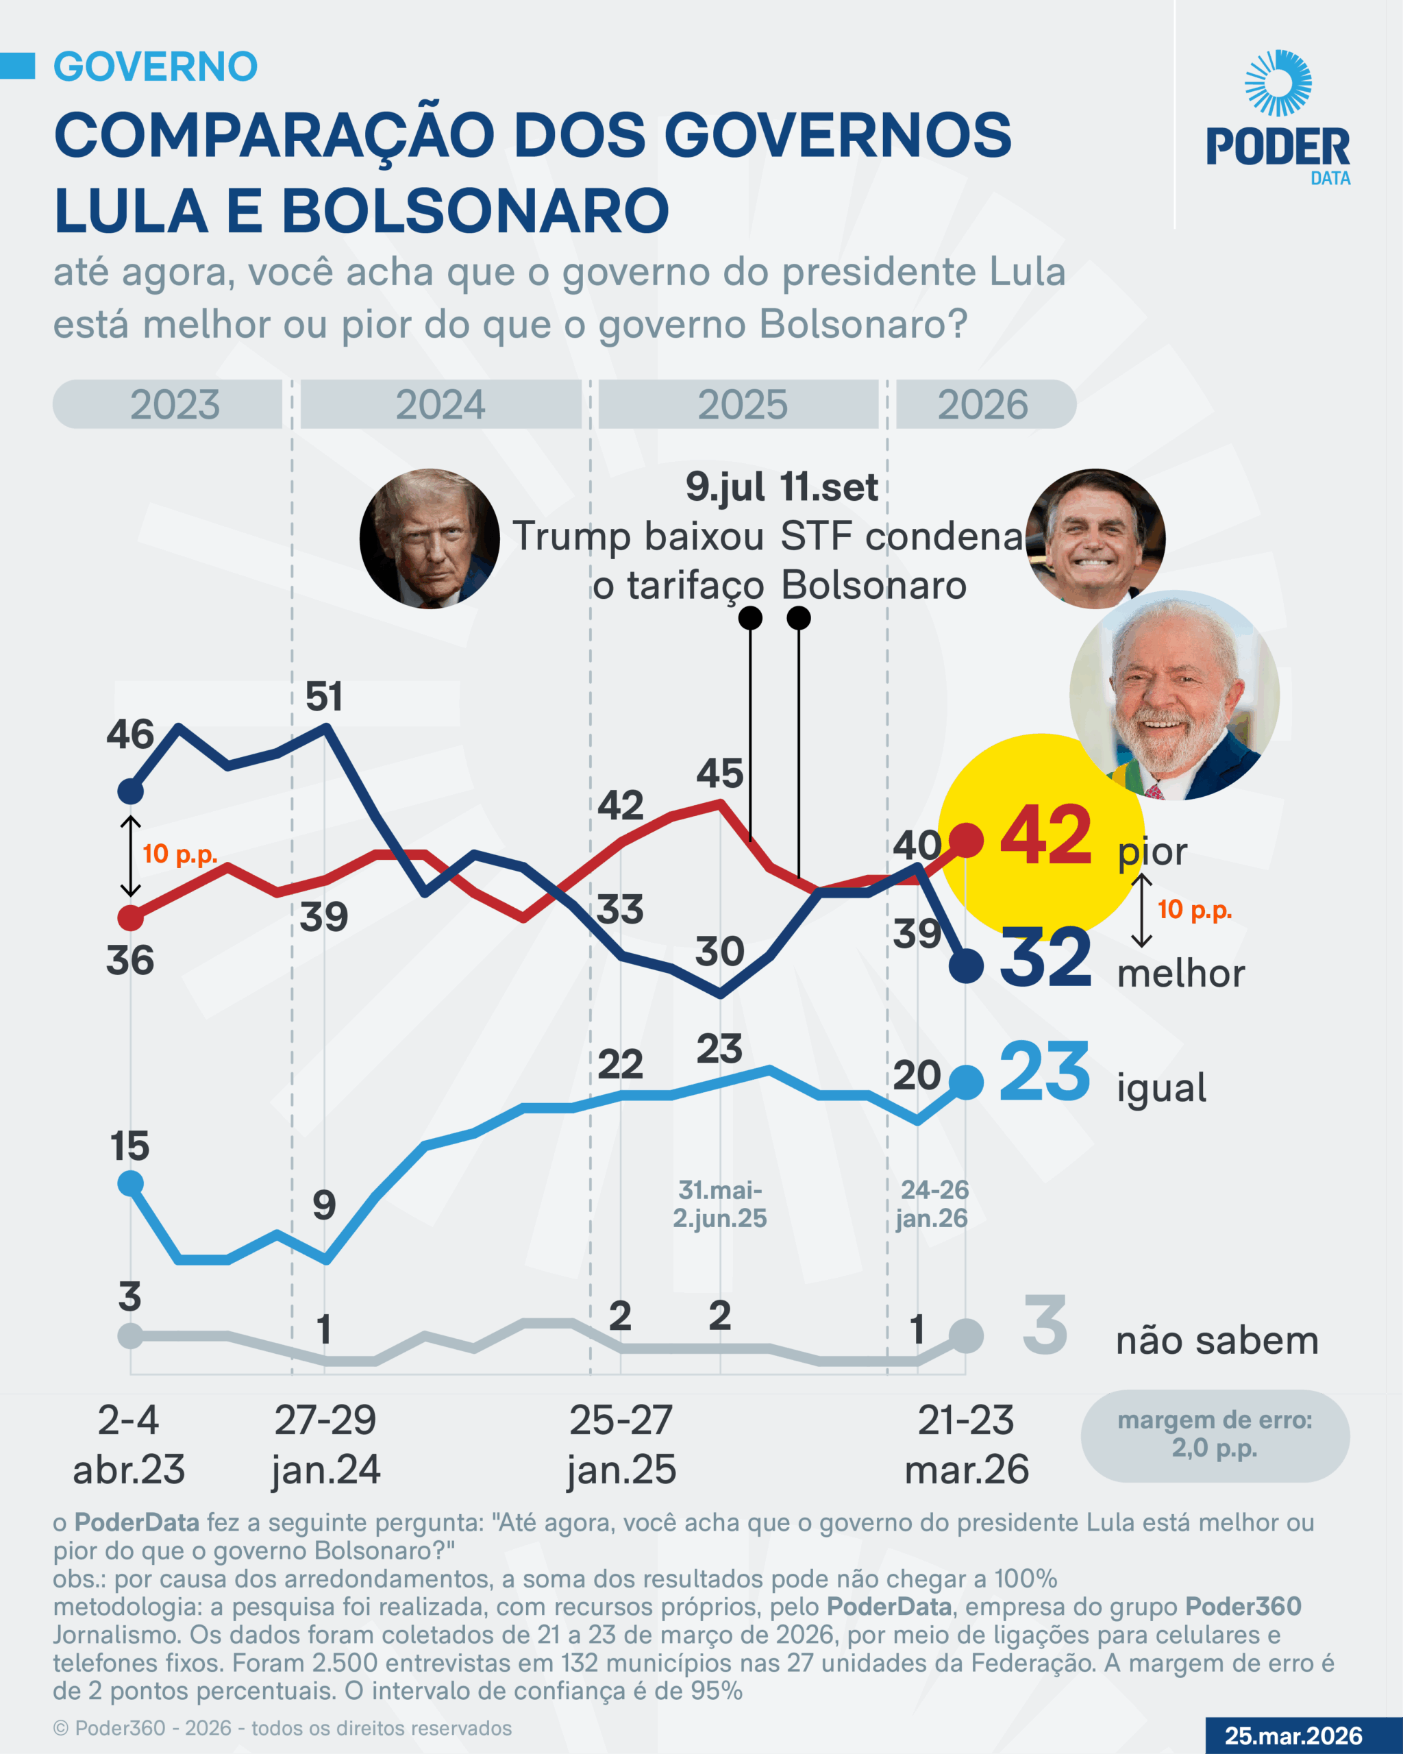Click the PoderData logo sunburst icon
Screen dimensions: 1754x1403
tap(1278, 82)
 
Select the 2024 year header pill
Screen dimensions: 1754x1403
tap(440, 404)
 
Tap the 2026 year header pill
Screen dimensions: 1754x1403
tap(984, 404)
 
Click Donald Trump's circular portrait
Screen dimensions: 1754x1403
tap(430, 539)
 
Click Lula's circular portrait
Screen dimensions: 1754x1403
tap(1174, 695)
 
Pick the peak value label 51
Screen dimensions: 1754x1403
tap(324, 697)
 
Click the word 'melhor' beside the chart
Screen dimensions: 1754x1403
tap(1181, 974)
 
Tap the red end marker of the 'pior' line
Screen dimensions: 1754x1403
tap(966, 839)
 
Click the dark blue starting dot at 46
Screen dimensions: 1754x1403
tap(131, 791)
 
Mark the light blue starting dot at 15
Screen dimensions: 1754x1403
tap(131, 1183)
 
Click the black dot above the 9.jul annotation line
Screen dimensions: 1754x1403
tap(750, 618)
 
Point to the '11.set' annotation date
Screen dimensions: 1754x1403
tap(829, 487)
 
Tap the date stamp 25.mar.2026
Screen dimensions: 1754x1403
tap(1293, 1736)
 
